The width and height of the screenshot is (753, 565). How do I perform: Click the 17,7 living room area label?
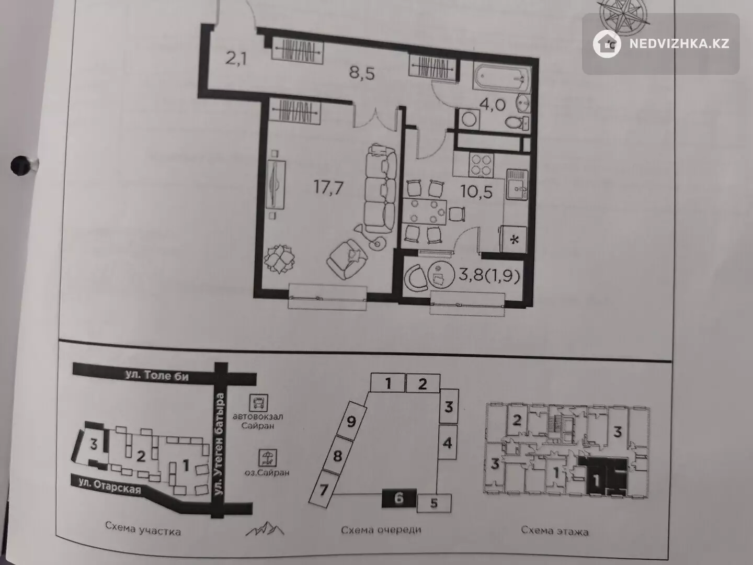coord(328,188)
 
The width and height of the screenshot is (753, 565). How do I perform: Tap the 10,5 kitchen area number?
coord(476,192)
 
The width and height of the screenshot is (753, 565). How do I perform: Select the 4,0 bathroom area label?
coord(492,105)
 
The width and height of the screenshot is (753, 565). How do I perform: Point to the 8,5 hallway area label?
coord(361,73)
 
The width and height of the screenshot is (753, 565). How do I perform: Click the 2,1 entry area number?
coord(236,58)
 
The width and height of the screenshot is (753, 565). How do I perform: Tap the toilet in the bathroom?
coord(517,122)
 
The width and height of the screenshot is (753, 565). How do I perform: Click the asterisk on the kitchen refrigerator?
coord(514,240)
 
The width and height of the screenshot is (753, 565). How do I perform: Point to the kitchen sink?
coord(517,185)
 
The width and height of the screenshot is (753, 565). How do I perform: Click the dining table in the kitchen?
coord(425,212)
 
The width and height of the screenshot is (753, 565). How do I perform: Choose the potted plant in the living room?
coord(279,259)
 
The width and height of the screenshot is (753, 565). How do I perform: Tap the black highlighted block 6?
coord(399,498)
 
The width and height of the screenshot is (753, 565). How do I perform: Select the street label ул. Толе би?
coord(157,376)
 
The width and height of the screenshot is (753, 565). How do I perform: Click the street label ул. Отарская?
coord(110,487)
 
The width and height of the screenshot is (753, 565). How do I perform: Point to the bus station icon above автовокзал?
coord(259,402)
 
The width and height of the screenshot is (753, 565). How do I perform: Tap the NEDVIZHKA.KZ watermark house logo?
coord(607,44)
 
